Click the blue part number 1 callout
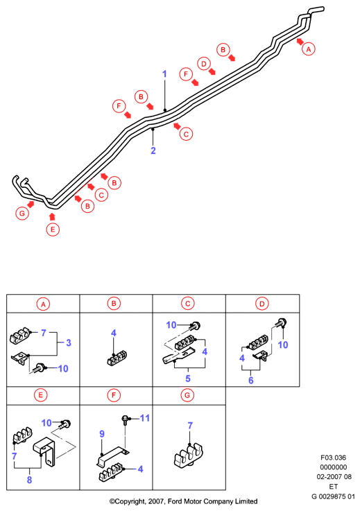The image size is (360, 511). click(164, 74)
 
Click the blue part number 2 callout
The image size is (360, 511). click(153, 150)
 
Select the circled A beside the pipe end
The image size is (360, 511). click(308, 49)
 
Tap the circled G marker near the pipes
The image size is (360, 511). click(22, 214)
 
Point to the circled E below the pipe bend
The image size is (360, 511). click(53, 229)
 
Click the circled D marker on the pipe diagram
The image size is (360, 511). click(204, 64)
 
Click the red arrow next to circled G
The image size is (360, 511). click(31, 205)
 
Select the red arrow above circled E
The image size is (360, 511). click(52, 216)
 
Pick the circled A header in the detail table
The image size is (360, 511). click(43, 304)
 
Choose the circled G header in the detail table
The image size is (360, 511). click(187, 395)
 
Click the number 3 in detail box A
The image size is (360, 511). click(69, 343)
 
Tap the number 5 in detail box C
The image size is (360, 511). click(188, 379)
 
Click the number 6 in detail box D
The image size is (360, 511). click(251, 381)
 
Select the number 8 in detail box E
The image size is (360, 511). click(29, 480)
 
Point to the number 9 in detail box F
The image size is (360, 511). click(102, 434)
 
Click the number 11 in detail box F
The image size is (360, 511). click(145, 418)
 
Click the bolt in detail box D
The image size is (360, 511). click(281, 323)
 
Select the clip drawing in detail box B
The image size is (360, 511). click(117, 358)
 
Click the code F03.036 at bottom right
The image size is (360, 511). click(333, 458)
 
